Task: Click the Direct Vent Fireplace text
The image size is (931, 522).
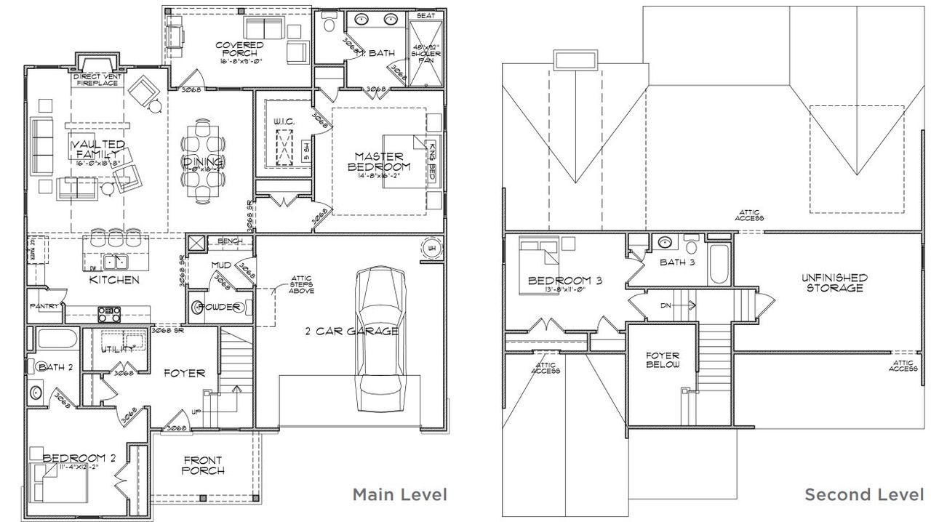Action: coord(96,79)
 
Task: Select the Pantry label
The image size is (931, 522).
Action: coord(44,307)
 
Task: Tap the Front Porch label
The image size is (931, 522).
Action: coord(203,465)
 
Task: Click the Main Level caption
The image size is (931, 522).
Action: coord(399,495)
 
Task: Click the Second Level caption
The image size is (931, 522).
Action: coord(863,495)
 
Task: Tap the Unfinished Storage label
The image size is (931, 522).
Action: coord(834,283)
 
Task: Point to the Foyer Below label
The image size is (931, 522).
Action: coord(662,360)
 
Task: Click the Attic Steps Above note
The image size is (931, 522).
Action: coord(301,284)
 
